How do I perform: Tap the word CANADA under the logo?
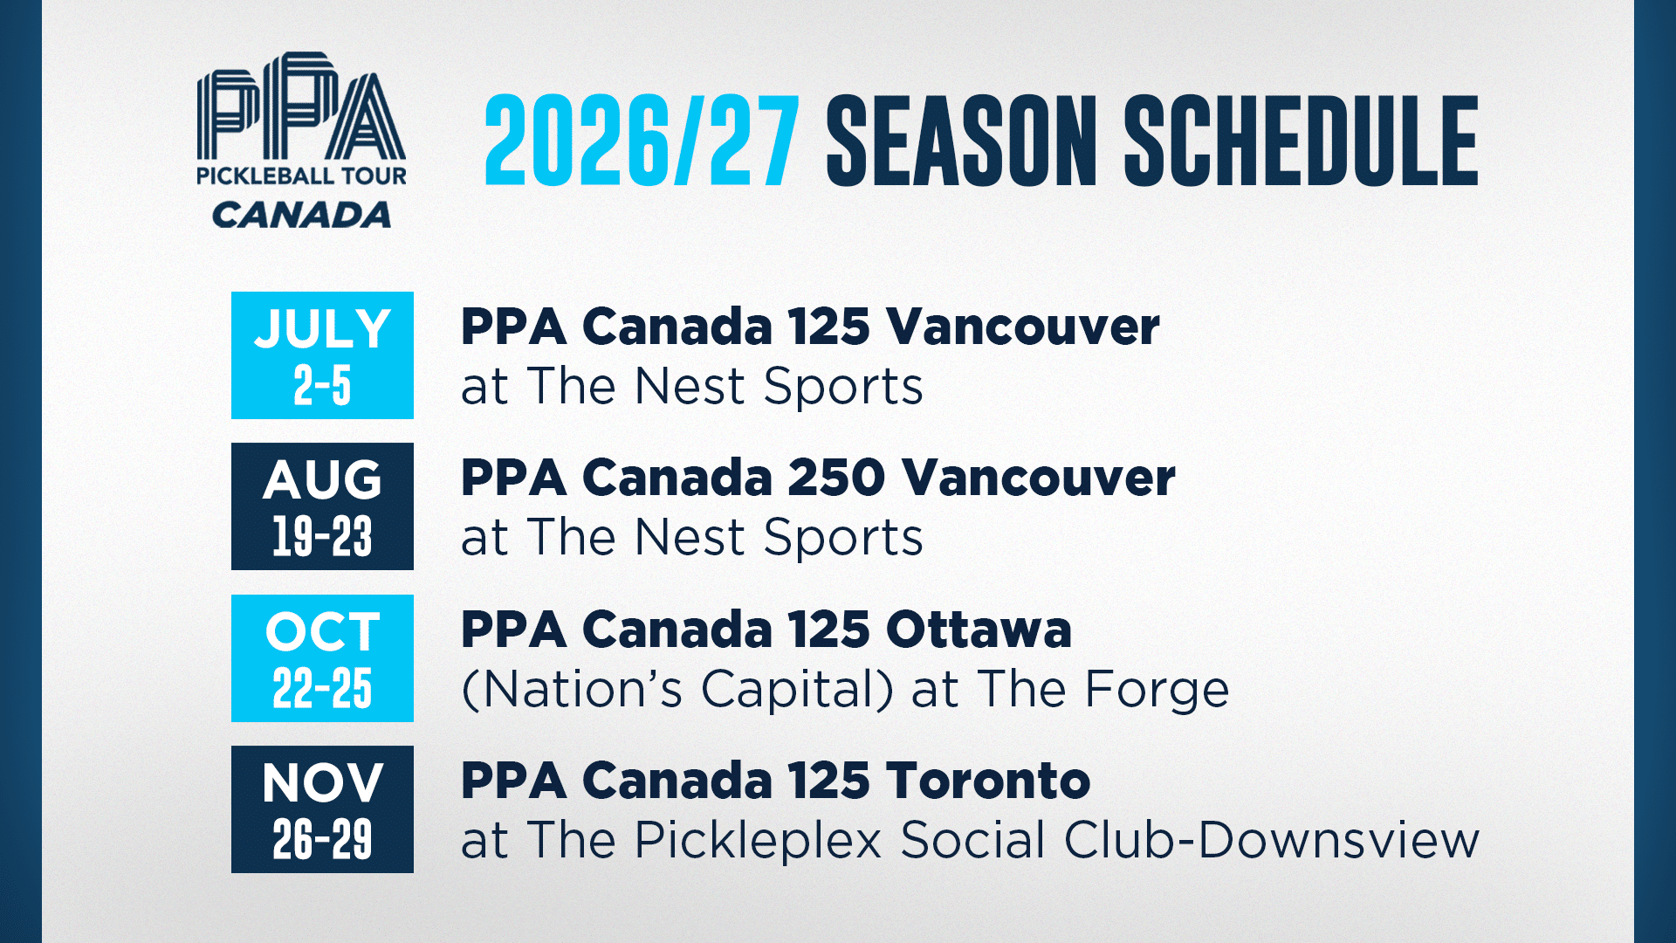[x=301, y=215]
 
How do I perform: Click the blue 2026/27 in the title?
[x=642, y=141]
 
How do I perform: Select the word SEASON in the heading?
[x=961, y=141]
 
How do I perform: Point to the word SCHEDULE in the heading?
[x=1301, y=141]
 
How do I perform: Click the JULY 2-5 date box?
[x=322, y=355]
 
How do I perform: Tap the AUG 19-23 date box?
[x=322, y=506]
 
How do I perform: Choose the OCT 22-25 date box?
[x=322, y=658]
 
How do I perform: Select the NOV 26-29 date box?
[x=322, y=809]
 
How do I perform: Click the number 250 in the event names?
[x=836, y=478]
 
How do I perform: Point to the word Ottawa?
[x=979, y=630]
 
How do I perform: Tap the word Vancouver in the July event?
[x=1023, y=327]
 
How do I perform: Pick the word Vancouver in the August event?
[x=1039, y=478]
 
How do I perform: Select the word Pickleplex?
[x=759, y=840]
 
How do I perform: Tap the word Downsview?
[x=1338, y=840]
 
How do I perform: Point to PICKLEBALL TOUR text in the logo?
[x=301, y=176]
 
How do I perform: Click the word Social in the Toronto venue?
[x=972, y=840]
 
